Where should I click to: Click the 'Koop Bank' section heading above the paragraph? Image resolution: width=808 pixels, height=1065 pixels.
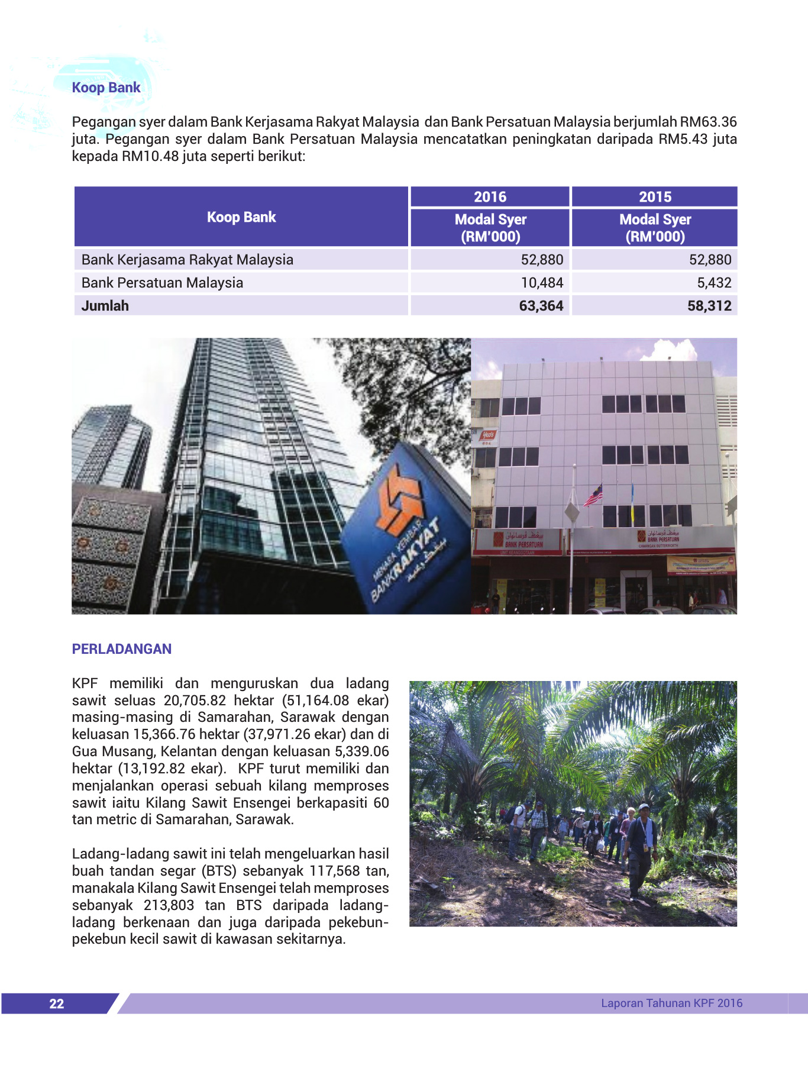click(106, 88)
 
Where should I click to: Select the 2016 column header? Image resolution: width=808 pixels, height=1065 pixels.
click(490, 197)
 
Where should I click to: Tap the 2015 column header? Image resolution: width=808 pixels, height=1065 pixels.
click(655, 197)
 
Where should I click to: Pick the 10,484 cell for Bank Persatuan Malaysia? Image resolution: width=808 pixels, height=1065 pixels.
click(542, 283)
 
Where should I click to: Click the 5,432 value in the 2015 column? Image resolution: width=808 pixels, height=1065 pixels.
click(714, 283)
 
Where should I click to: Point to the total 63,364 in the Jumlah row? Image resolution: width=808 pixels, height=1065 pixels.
click(541, 306)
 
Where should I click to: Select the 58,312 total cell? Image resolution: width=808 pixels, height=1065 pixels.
click(709, 306)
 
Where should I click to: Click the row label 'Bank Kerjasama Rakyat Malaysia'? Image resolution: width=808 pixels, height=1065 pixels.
click(187, 260)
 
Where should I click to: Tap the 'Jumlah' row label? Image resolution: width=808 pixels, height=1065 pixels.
click(105, 306)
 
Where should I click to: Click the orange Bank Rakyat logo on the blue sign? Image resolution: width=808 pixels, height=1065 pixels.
click(400, 497)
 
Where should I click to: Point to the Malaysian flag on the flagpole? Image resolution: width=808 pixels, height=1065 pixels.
click(593, 496)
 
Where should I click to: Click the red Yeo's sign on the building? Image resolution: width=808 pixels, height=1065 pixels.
click(487, 436)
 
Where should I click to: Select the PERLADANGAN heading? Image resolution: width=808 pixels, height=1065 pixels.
click(121, 649)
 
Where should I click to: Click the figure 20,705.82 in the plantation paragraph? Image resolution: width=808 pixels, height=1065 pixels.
click(195, 701)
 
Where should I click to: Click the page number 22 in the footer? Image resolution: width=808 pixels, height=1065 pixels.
click(57, 1003)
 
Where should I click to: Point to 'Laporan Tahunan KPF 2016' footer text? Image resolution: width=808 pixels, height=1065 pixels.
click(671, 1003)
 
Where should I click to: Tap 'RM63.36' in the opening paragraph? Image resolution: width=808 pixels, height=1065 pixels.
click(708, 122)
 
